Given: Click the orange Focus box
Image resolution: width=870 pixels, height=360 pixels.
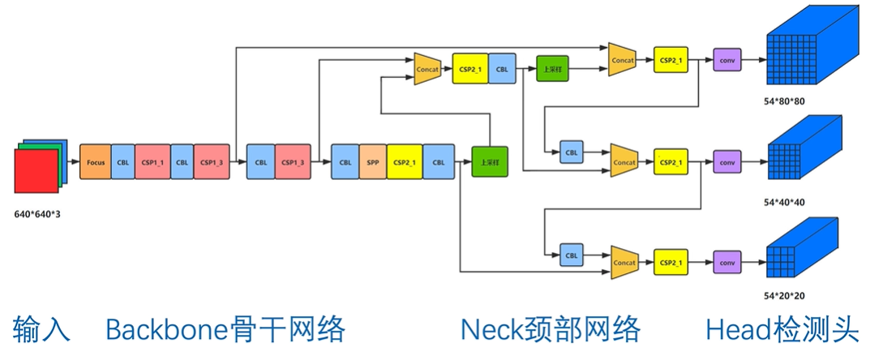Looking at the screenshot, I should pyautogui.click(x=96, y=162).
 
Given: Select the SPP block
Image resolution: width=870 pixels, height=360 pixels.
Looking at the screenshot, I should pyautogui.click(x=372, y=162).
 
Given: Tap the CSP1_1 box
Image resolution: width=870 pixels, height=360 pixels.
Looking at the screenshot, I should pyautogui.click(x=152, y=162).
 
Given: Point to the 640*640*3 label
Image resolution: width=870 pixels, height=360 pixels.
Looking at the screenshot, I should pyautogui.click(x=38, y=215).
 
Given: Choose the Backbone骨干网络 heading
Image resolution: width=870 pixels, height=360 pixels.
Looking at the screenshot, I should pyautogui.click(x=225, y=330).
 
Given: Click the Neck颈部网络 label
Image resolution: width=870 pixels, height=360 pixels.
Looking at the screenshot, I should pyautogui.click(x=551, y=330).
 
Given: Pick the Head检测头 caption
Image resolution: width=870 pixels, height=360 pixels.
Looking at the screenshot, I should pyautogui.click(x=782, y=330).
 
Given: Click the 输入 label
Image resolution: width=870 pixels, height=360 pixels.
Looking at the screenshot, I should pyautogui.click(x=41, y=330).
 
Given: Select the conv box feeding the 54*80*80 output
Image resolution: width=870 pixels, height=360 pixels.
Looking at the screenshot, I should pyautogui.click(x=727, y=60).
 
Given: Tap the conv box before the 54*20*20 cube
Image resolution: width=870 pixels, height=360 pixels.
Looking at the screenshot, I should pyautogui.click(x=727, y=263).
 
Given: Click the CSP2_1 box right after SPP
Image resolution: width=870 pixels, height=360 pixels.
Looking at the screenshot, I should pyautogui.click(x=403, y=162).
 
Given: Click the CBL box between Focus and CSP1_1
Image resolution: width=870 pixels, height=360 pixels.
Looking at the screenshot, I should pyautogui.click(x=123, y=162).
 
